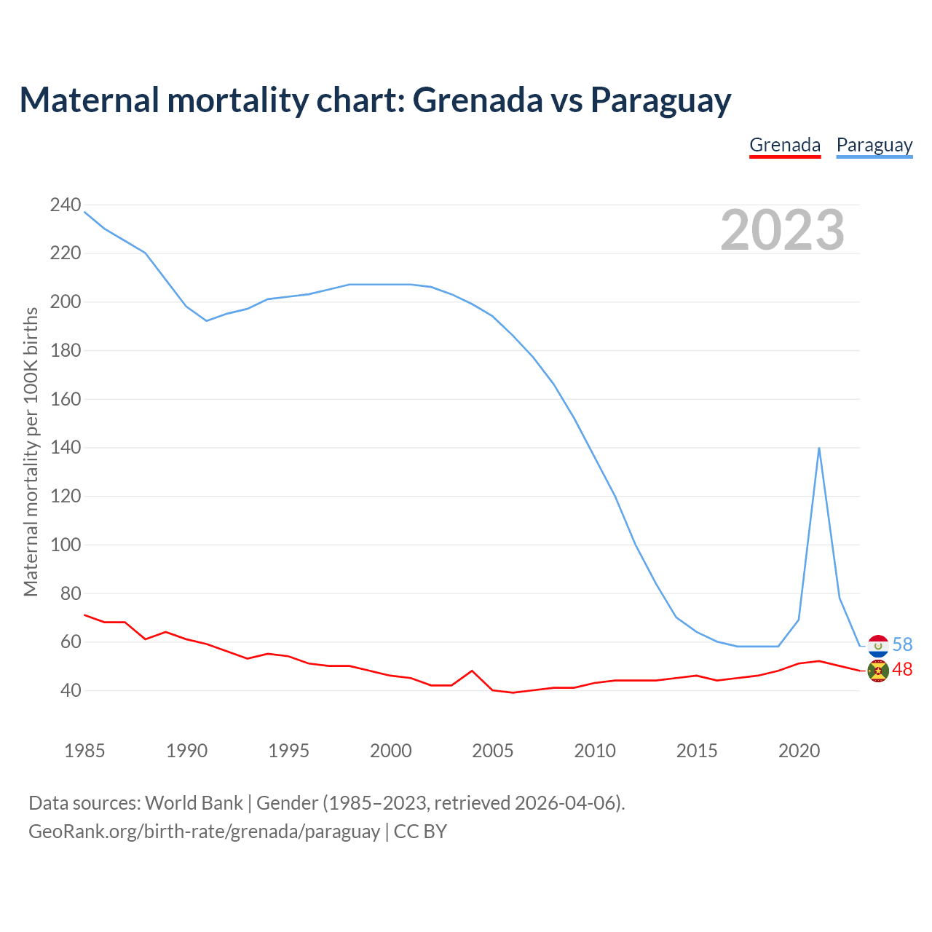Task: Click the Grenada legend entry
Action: click(x=785, y=145)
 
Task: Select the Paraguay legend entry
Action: click(x=874, y=145)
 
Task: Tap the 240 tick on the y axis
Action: click(x=65, y=205)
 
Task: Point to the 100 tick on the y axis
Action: click(x=65, y=545)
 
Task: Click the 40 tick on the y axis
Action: click(x=70, y=690)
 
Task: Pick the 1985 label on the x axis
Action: click(x=84, y=751)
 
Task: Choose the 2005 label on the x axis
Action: click(x=493, y=751)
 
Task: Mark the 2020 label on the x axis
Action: click(x=799, y=751)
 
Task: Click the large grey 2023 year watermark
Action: click(x=782, y=230)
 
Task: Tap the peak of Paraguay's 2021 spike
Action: click(x=819, y=448)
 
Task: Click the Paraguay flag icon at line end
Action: click(x=878, y=645)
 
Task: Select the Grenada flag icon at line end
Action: click(x=878, y=671)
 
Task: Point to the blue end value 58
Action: click(x=902, y=645)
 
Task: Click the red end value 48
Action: click(x=902, y=670)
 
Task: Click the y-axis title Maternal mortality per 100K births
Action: click(x=31, y=451)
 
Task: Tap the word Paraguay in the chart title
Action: click(x=660, y=100)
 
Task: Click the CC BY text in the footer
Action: click(x=420, y=832)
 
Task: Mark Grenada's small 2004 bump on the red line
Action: click(x=472, y=671)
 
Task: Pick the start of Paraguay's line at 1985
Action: click(x=84, y=212)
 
